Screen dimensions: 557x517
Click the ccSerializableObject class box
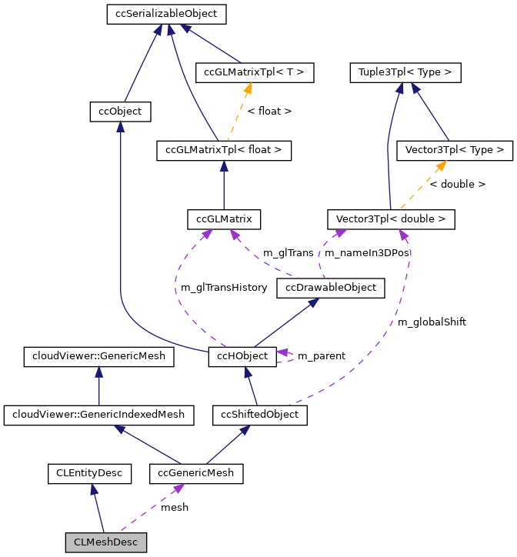(162, 14)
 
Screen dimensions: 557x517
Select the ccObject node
(119, 112)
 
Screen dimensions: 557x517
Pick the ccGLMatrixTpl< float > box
(224, 150)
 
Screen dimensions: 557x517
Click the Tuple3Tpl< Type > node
(405, 73)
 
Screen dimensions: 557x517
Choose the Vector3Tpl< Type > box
(454, 150)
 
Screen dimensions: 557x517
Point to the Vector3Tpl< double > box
(391, 218)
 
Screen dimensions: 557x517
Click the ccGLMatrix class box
(224, 218)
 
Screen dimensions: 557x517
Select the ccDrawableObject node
(331, 288)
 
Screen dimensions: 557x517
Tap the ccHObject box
(242, 356)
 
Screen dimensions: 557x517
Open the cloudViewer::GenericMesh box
(99, 356)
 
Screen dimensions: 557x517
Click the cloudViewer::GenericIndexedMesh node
(99, 415)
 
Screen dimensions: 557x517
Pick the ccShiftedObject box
(261, 415)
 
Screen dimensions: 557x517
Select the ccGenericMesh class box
(196, 472)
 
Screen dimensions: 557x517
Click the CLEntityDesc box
(89, 472)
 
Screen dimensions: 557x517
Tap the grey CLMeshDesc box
(106, 542)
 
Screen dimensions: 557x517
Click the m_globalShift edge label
(432, 322)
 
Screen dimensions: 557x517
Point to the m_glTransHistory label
(224, 288)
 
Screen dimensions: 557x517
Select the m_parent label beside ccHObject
(321, 356)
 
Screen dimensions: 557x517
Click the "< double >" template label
(457, 185)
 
